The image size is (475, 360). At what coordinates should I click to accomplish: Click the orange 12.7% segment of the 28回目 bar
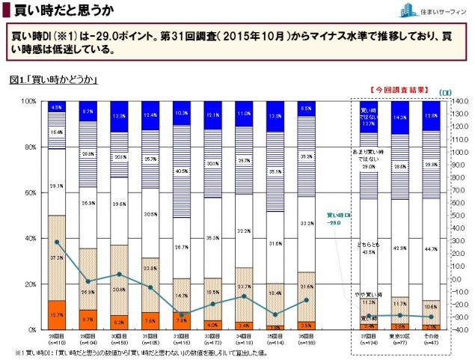pyautogui.click(x=56, y=315)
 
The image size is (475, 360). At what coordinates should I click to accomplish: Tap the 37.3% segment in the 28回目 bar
pyautogui.click(x=56, y=257)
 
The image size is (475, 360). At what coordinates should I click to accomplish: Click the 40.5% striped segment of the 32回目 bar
pyautogui.click(x=182, y=171)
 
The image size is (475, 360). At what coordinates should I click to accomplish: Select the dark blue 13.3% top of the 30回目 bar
pyautogui.click(x=119, y=116)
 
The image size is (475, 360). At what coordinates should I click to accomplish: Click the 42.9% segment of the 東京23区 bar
pyautogui.click(x=400, y=248)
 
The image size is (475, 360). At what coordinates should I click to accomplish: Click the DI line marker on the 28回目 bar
pyautogui.click(x=56, y=242)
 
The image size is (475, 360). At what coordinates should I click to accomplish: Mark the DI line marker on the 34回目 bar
pyautogui.click(x=244, y=296)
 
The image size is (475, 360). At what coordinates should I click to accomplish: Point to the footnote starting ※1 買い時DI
pyautogui.click(x=150, y=352)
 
